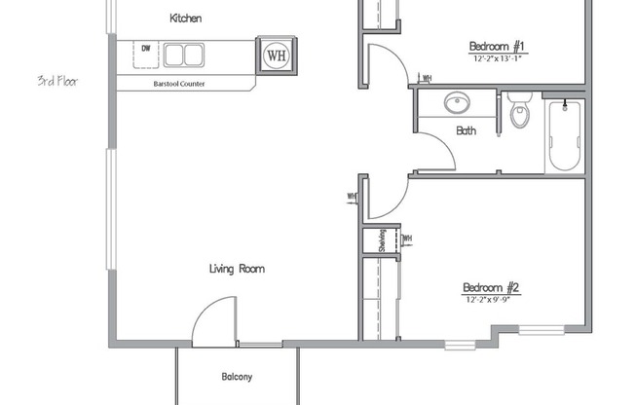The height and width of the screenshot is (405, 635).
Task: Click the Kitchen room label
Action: point(186,18)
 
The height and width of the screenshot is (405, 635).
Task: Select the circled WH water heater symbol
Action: point(276,55)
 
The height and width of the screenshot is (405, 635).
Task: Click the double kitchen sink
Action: point(183,55)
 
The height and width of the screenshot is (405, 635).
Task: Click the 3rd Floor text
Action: point(57,81)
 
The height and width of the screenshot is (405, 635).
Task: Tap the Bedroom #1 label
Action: point(498,46)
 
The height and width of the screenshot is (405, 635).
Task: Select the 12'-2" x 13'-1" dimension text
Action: point(498,59)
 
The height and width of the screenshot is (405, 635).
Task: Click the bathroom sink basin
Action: point(455,102)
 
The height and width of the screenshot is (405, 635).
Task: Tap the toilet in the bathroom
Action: point(520,111)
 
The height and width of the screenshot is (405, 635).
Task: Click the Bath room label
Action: point(466,129)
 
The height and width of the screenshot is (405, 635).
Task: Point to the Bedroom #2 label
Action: point(491,287)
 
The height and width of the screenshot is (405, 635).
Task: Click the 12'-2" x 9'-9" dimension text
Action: point(491,300)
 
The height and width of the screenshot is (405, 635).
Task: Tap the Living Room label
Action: point(237,269)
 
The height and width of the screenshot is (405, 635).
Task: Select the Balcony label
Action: point(237,376)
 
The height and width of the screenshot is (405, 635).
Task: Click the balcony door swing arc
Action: point(213,323)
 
